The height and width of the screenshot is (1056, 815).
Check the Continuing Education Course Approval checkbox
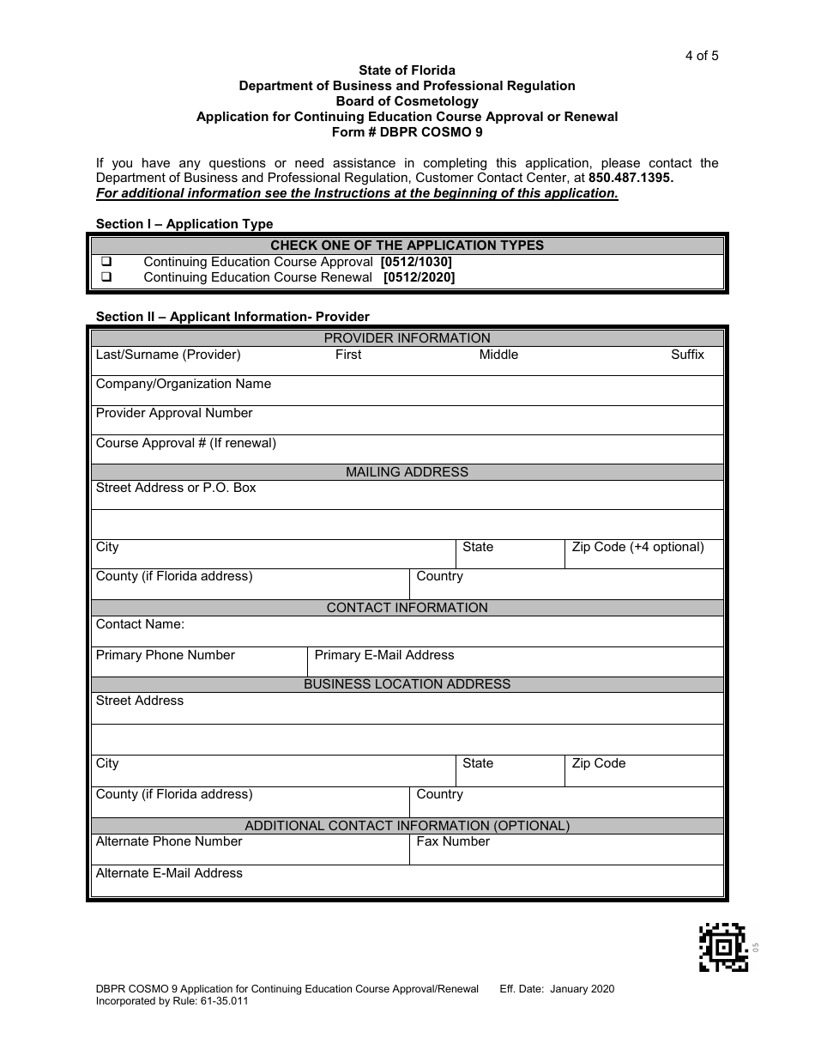[107, 262]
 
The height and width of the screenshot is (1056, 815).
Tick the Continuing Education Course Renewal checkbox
[107, 277]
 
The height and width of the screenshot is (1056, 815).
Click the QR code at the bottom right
[724, 947]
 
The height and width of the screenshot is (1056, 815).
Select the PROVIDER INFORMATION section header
[407, 338]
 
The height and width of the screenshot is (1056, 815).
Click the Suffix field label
[687, 355]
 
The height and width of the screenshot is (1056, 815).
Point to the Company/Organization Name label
[183, 384]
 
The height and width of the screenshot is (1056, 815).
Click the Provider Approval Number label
[174, 413]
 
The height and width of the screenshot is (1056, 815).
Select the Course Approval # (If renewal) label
[185, 443]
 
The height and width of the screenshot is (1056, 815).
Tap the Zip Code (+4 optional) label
[637, 547]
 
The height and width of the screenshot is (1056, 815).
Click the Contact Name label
[140, 624]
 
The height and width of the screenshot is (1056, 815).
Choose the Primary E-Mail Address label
[384, 655]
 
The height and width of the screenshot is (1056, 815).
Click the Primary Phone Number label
[165, 655]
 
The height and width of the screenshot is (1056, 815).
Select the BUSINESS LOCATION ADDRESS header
[407, 684]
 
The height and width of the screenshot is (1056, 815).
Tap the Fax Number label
[452, 841]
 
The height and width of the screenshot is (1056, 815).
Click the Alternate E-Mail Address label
[169, 873]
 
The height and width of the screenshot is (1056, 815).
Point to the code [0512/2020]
[419, 277]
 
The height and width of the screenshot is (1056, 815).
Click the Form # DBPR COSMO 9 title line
[407, 132]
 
